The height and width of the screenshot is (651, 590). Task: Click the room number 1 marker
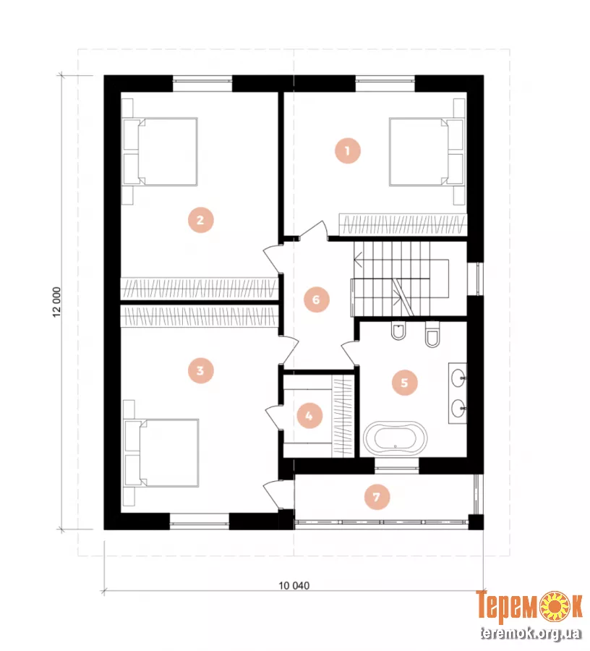(347, 150)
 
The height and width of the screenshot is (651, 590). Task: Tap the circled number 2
(200, 220)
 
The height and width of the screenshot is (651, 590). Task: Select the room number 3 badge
(200, 370)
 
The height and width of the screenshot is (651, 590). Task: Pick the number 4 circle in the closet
(309, 415)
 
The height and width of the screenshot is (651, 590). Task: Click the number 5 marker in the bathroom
(404, 383)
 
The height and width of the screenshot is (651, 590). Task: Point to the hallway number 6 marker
(316, 299)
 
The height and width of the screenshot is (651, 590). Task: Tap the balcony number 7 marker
(377, 496)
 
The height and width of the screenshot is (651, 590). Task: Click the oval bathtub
(395, 439)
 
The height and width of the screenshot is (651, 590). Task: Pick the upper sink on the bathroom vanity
(458, 378)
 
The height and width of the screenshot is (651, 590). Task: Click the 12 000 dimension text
(57, 302)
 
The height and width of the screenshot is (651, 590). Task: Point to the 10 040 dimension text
(294, 586)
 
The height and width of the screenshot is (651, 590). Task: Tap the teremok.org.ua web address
(531, 633)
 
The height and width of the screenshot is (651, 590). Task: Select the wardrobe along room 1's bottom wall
(403, 225)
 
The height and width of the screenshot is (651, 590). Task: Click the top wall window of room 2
(202, 83)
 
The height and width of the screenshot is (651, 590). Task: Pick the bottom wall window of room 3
(199, 522)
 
